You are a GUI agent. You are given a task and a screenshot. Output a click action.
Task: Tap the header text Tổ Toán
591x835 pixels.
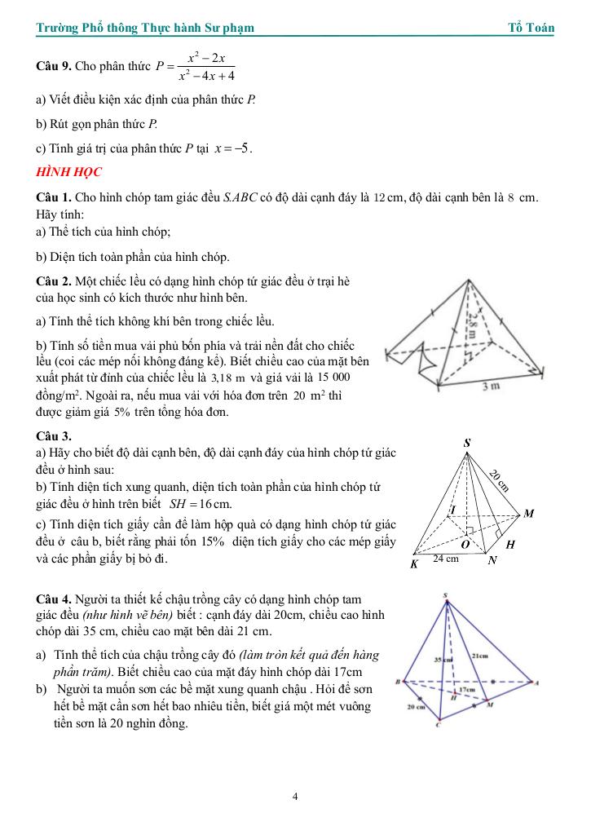pos(531,28)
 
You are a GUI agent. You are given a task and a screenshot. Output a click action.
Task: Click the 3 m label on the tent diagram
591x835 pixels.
pos(491,387)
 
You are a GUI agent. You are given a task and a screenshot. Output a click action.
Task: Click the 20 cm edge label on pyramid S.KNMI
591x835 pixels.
pos(500,480)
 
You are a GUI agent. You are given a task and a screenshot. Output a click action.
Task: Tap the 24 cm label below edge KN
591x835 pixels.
pos(445,559)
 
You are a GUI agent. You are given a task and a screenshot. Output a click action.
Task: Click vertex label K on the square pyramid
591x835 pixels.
pos(415,563)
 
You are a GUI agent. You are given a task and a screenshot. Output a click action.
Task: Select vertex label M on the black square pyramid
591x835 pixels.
pos(528,514)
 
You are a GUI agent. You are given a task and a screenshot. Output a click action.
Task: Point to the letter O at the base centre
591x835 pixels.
pos(465,542)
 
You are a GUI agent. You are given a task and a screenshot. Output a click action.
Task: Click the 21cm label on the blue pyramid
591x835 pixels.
pos(480,655)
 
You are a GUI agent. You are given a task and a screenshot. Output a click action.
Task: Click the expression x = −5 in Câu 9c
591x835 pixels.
pos(232,148)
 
